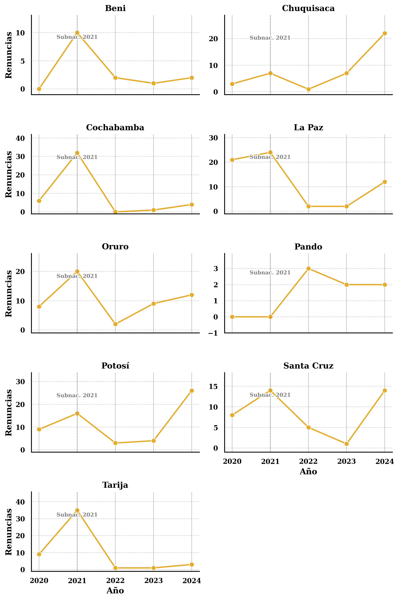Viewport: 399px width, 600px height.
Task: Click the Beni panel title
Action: click(x=115, y=8)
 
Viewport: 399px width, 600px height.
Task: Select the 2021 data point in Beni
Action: click(x=77, y=33)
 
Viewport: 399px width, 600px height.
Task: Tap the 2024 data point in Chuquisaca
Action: click(x=385, y=33)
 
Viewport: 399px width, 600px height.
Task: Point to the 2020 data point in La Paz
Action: click(x=232, y=160)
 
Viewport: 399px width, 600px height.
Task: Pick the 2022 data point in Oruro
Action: click(x=115, y=324)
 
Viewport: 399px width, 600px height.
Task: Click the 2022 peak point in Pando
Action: click(x=308, y=268)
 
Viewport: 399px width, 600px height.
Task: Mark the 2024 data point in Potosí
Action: click(x=192, y=391)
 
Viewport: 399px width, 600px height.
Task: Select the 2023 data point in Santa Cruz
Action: click(x=346, y=444)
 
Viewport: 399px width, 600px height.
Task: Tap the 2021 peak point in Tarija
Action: click(x=77, y=510)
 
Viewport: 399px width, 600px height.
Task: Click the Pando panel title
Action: click(x=308, y=247)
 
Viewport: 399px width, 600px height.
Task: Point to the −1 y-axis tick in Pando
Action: click(x=213, y=333)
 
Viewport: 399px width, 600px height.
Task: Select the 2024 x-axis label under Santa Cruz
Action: click(x=385, y=461)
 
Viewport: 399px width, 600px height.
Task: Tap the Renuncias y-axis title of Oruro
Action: click(x=9, y=293)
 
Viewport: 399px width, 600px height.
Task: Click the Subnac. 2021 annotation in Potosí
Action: click(x=77, y=395)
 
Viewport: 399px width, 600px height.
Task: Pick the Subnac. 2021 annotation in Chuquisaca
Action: click(x=270, y=38)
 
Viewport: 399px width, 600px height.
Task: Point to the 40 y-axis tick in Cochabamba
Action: click(x=20, y=138)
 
